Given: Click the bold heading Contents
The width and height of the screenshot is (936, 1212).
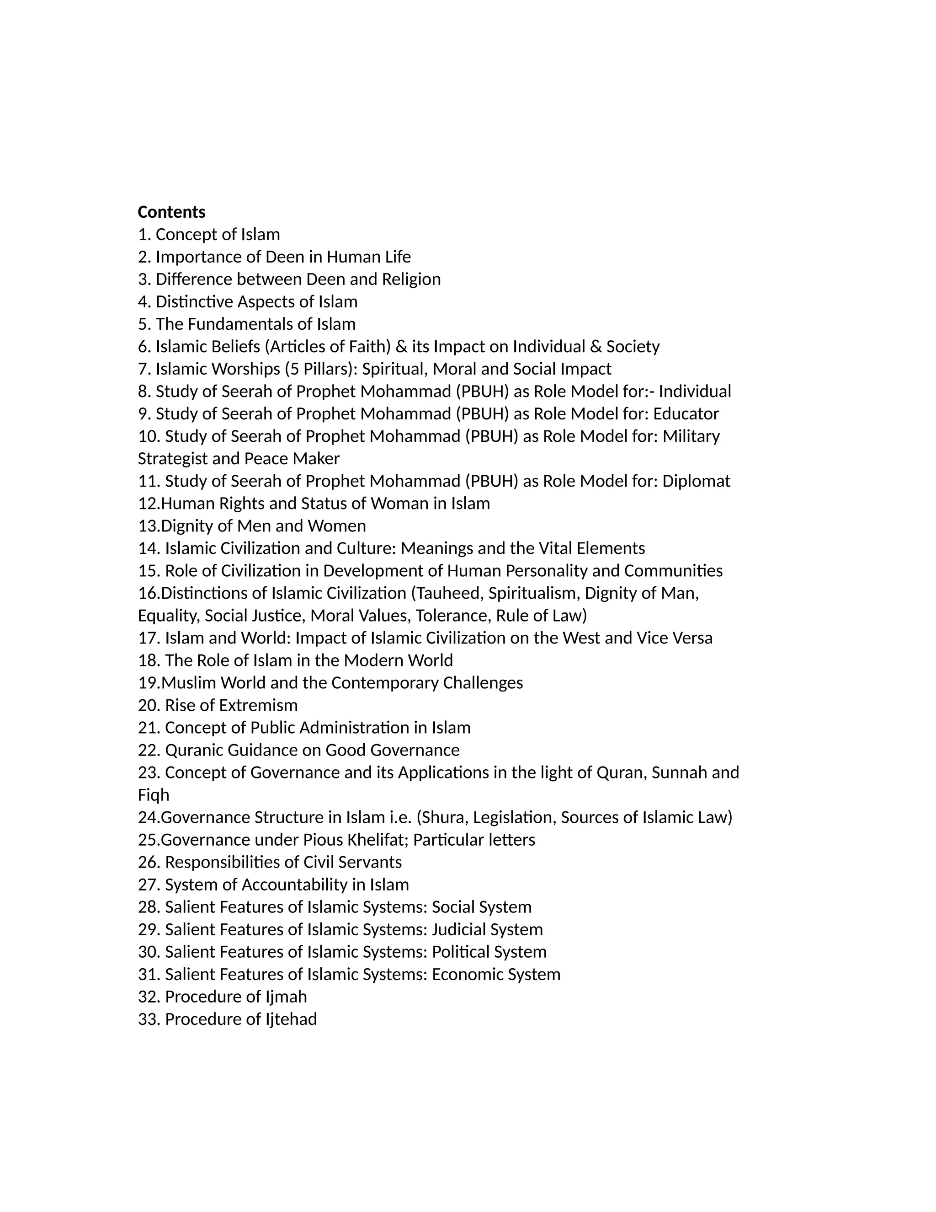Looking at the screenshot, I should click(x=171, y=212).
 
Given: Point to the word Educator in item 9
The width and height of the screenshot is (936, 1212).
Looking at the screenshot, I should click(x=686, y=414).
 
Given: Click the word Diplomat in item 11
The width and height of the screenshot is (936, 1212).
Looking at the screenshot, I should click(x=696, y=481).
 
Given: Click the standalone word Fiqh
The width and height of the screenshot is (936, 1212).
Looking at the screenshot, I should click(x=154, y=795).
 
